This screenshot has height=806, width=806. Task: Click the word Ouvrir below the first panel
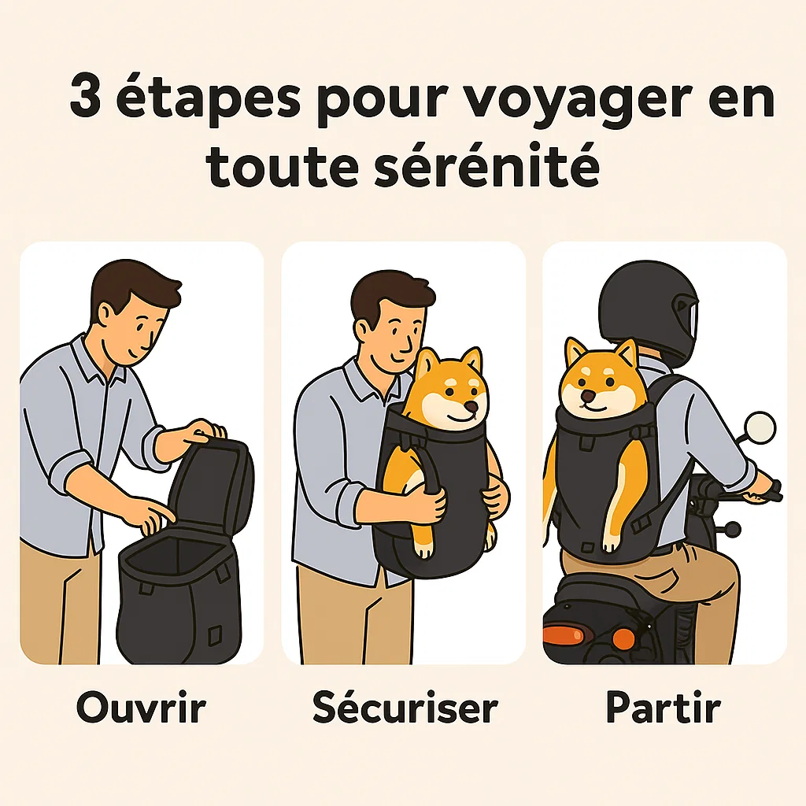pos(142,708)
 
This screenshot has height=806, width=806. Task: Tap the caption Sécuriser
pos(405,708)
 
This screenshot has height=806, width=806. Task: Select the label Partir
pos(663,708)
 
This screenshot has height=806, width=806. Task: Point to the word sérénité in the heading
pos(486,165)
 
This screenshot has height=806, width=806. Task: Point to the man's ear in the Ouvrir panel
pos(106,312)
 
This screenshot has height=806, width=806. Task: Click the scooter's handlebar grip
pos(773,490)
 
